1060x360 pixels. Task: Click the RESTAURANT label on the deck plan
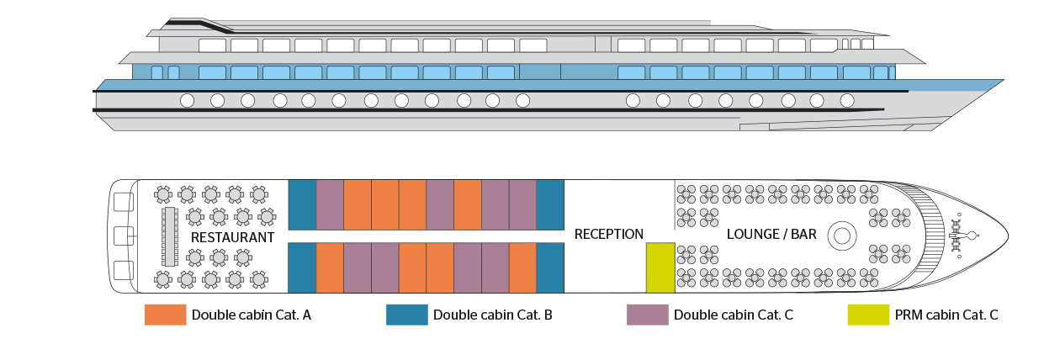pyautogui.click(x=232, y=238)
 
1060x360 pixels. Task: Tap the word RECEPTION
pyautogui.click(x=608, y=235)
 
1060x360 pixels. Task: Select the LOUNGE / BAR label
pyautogui.click(x=771, y=235)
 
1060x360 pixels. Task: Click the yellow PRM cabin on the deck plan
pyautogui.click(x=660, y=267)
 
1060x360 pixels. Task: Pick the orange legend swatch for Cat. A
pyautogui.click(x=164, y=315)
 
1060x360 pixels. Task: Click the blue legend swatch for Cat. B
pyautogui.click(x=406, y=315)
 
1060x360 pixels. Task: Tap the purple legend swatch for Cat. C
pyautogui.click(x=647, y=315)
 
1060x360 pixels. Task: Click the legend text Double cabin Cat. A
pyautogui.click(x=252, y=315)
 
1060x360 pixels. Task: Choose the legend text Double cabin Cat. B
pyautogui.click(x=492, y=315)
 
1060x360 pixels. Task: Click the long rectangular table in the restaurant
pyautogui.click(x=169, y=236)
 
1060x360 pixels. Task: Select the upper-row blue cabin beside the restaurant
pyautogui.click(x=302, y=204)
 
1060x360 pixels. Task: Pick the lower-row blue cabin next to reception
pyautogui.click(x=549, y=267)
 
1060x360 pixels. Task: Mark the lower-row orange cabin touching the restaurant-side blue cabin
pyautogui.click(x=329, y=267)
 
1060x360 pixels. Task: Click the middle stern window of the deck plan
pyautogui.click(x=124, y=236)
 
